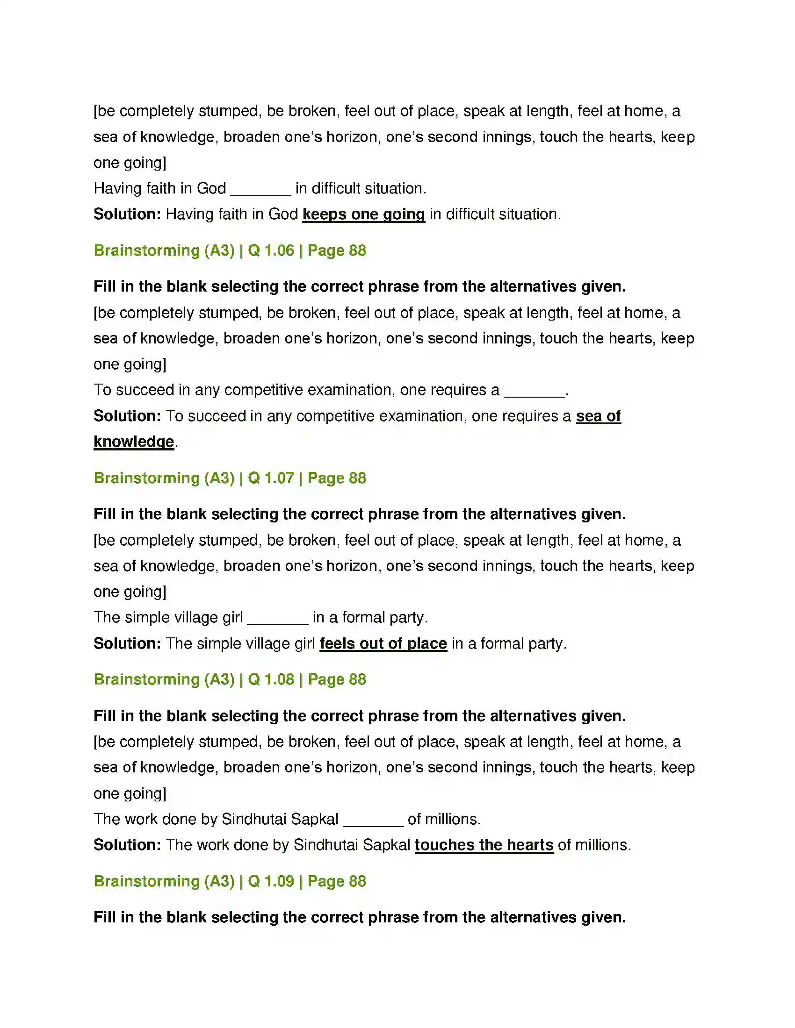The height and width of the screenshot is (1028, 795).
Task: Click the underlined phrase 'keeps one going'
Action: [363, 214]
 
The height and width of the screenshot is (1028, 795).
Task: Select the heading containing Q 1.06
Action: [230, 250]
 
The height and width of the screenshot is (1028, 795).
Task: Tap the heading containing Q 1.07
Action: [230, 478]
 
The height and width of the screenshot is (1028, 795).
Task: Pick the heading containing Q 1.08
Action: [230, 679]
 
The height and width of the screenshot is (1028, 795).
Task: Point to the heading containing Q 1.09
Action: [230, 881]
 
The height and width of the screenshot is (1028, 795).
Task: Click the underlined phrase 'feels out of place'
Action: [383, 643]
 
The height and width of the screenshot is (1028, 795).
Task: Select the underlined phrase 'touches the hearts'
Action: [484, 844]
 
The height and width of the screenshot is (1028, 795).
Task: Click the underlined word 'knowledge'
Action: [134, 442]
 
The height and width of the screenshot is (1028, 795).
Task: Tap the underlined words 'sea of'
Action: [598, 415]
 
